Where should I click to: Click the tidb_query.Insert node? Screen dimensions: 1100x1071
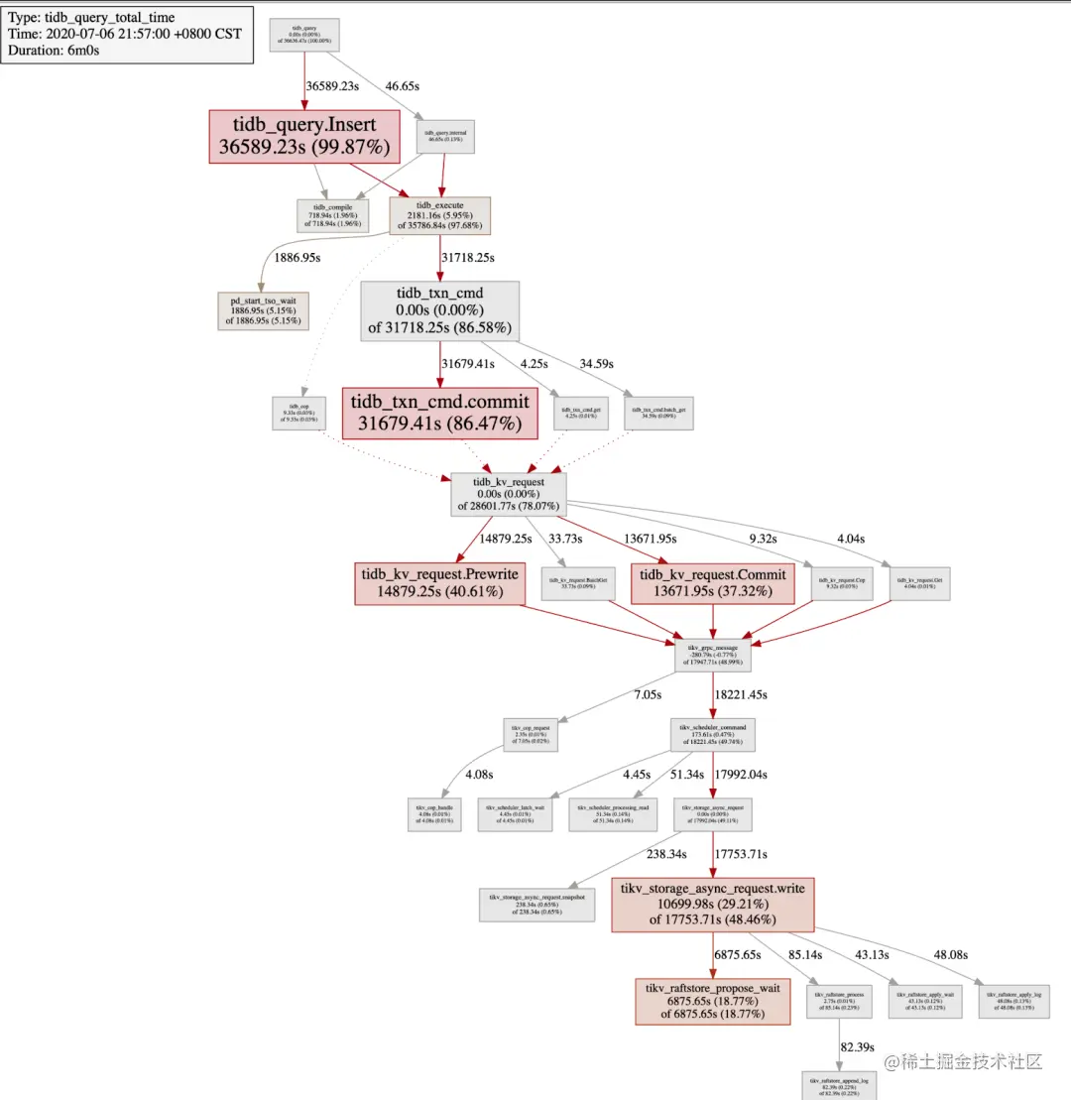pyautogui.click(x=304, y=137)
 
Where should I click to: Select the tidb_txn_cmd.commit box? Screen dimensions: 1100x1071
pyautogui.click(x=439, y=413)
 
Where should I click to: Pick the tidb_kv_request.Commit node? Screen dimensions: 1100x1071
pyautogui.click(x=713, y=583)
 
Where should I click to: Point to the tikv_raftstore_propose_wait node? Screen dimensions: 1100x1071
pyautogui.click(x=713, y=1001)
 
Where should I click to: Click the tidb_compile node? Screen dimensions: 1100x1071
pyautogui.click(x=332, y=215)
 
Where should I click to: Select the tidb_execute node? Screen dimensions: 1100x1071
pyautogui.click(x=439, y=215)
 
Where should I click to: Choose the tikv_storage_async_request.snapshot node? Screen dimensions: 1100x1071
pyautogui.click(x=536, y=905)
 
